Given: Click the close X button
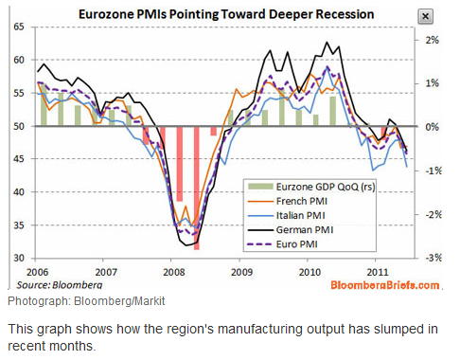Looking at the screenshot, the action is (425, 16).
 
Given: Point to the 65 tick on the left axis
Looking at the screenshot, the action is (19, 27).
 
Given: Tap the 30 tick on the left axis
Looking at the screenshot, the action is (19, 258).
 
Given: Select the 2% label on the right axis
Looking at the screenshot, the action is (432, 40).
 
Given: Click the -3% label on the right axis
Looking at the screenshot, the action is (433, 258).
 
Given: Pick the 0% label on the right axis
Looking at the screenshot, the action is (432, 127).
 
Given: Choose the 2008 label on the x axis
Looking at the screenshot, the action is (174, 272).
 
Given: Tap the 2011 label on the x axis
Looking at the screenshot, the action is (378, 272).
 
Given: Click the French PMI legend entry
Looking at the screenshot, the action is (288, 201).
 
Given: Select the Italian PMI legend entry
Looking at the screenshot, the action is (286, 215).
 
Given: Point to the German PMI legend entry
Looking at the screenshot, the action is (291, 229).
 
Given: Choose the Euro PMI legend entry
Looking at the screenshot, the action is (282, 244).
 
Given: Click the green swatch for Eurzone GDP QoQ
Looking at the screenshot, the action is (260, 187).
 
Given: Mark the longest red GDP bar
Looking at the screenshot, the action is (197, 189).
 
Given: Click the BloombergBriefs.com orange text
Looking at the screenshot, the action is (385, 285).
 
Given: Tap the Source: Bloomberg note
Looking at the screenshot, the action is (60, 285).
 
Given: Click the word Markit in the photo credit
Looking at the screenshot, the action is (150, 301).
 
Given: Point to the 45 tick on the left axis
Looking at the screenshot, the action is (19, 159).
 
